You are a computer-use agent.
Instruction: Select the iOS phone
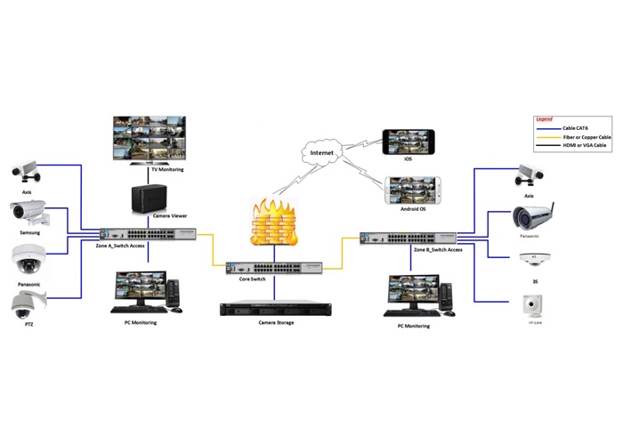409,142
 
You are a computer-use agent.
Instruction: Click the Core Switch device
273,268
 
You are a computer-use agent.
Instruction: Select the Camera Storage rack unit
274,309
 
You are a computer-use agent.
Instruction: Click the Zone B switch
408,239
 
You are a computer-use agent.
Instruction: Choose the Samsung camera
28,213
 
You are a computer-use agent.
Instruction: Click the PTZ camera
24,305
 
